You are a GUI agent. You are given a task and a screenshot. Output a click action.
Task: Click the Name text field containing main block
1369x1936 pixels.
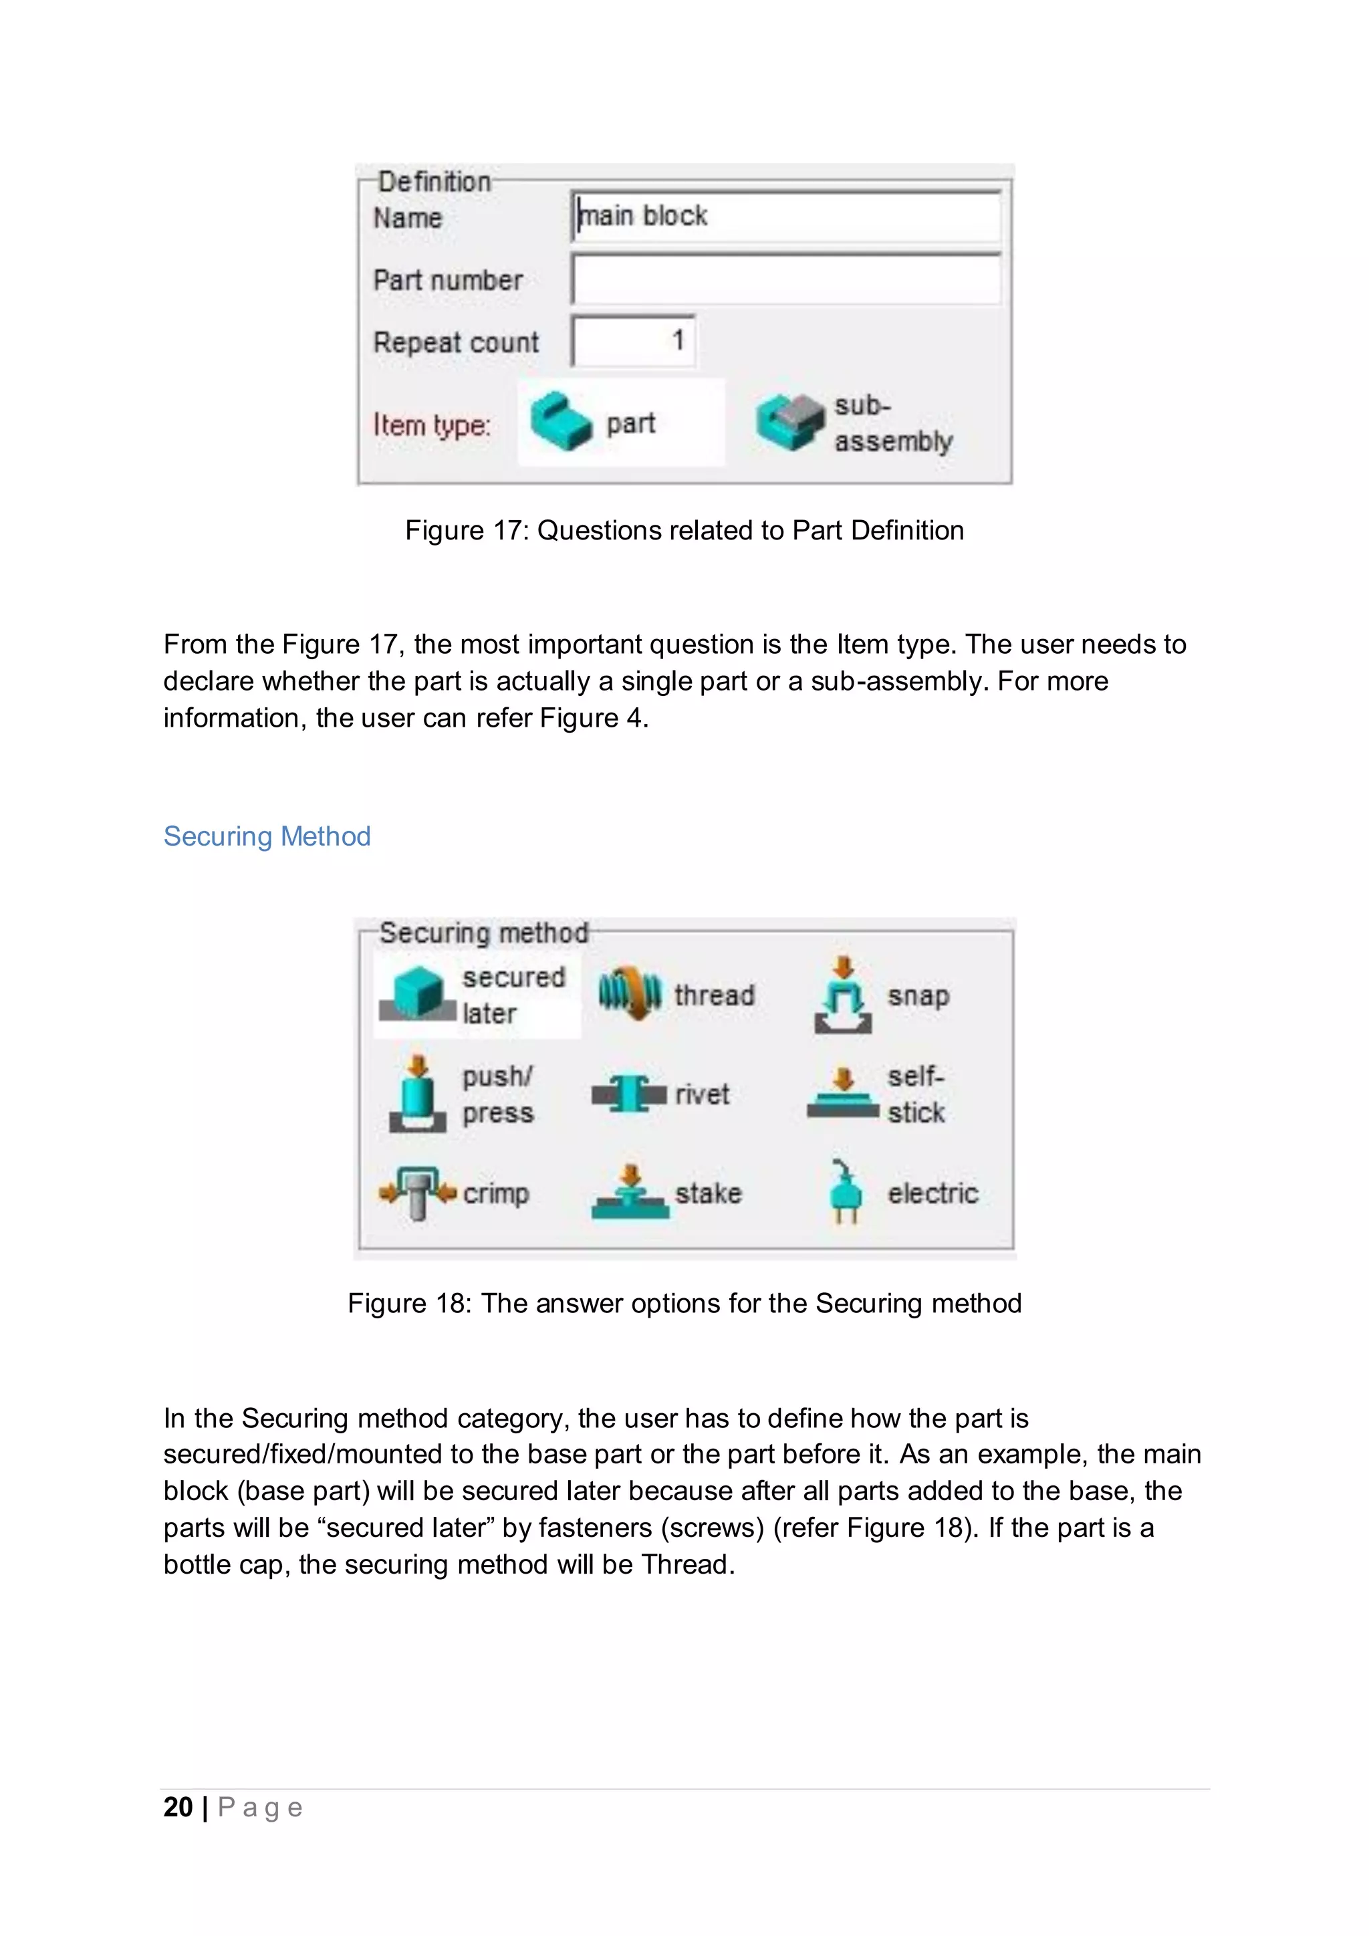(x=785, y=217)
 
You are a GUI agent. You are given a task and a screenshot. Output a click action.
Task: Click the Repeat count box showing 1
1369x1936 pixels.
(x=633, y=341)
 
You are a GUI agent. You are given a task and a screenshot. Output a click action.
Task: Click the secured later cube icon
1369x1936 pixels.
(x=417, y=994)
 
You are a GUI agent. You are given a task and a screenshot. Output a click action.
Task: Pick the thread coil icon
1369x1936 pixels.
(x=630, y=994)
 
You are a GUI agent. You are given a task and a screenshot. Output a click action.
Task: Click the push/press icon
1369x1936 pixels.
(x=417, y=1094)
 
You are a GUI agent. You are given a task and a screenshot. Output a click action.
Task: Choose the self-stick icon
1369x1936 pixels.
(x=843, y=1094)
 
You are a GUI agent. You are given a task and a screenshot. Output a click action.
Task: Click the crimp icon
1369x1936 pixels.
(x=417, y=1193)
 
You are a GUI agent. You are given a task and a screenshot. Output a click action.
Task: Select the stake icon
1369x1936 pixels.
(x=630, y=1193)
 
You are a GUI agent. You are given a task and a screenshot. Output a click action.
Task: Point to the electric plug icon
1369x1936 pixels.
(x=843, y=1193)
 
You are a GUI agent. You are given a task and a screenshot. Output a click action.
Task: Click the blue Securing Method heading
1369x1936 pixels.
(x=267, y=836)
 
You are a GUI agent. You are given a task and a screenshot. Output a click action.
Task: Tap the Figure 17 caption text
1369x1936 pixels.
(x=684, y=530)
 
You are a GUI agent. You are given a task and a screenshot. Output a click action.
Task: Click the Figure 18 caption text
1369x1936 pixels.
(x=684, y=1303)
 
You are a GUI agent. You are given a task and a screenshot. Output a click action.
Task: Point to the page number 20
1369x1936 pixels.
(x=178, y=1807)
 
